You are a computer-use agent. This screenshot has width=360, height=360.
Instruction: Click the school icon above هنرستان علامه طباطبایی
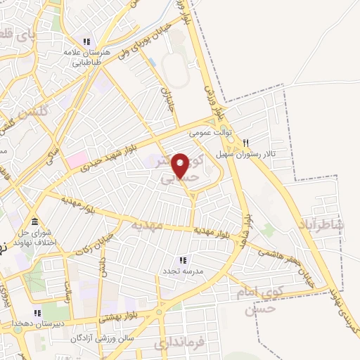click(x=87, y=41)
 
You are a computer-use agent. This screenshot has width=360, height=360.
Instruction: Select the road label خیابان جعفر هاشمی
click(x=285, y=258)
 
